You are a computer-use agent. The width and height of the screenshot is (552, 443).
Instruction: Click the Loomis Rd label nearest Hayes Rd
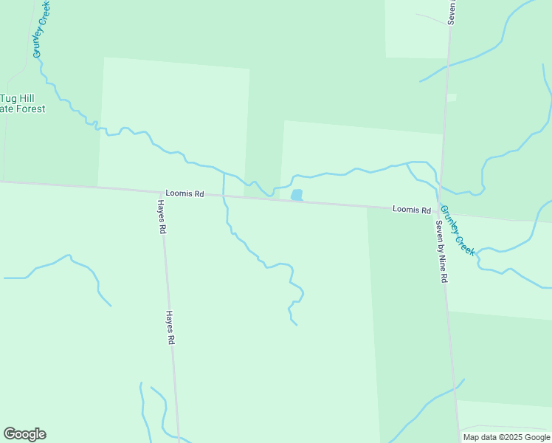[x=184, y=193]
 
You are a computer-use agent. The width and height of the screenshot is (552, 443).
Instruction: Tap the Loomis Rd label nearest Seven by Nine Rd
[x=411, y=210]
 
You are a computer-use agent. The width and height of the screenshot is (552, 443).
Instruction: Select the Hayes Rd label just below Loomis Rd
[x=161, y=216]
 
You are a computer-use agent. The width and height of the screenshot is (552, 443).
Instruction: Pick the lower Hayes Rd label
[x=170, y=327]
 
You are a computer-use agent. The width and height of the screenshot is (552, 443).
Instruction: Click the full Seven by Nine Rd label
[x=441, y=252]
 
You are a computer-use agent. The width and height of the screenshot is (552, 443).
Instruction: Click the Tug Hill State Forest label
[x=22, y=103]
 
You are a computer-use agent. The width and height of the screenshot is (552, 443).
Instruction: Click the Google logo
[x=24, y=434]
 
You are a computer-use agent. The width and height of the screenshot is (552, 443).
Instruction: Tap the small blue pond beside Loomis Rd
[x=297, y=195]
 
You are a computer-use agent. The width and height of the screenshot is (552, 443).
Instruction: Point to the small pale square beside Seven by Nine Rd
[x=452, y=97]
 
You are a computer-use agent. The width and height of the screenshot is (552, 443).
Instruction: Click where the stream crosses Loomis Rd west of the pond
[x=224, y=196]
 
